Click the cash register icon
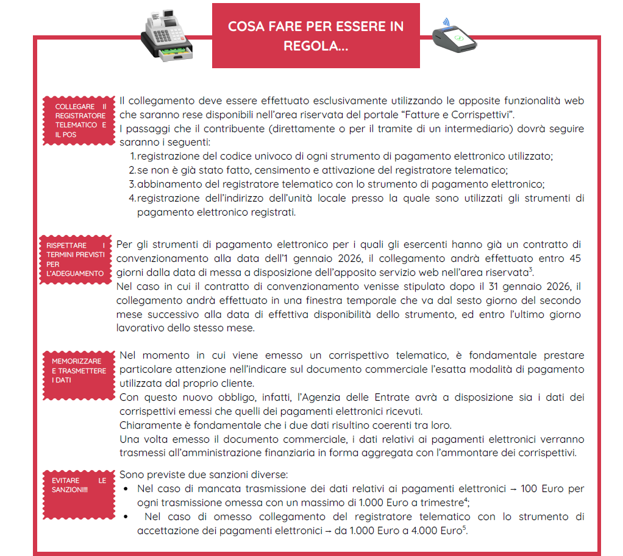(168, 35)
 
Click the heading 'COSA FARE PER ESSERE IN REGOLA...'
(315, 36)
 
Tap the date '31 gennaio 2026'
(522, 286)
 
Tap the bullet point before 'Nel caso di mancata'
(126, 490)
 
